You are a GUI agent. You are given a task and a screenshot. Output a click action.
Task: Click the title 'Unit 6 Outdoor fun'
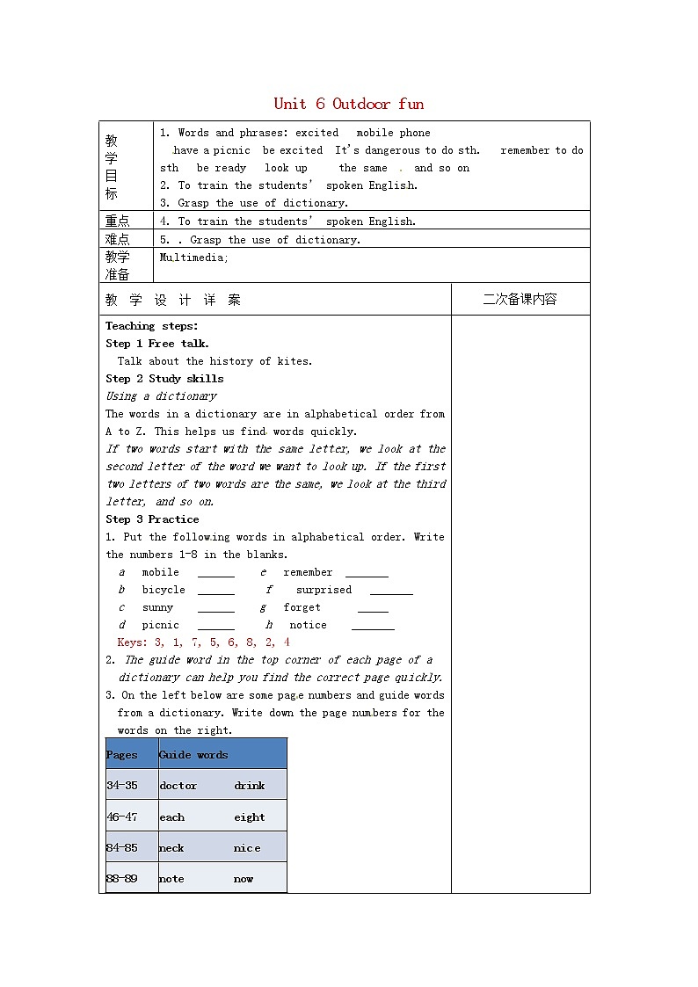[348, 104]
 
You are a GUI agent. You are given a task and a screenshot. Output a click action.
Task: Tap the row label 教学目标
[112, 167]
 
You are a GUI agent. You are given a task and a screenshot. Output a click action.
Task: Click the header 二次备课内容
[520, 299]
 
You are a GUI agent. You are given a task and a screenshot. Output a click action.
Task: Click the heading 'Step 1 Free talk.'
[157, 344]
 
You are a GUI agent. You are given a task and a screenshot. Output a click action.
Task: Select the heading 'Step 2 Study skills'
[164, 379]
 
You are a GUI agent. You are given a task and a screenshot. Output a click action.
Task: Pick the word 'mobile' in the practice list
[160, 572]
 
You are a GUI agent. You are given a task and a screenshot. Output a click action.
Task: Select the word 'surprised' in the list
[324, 590]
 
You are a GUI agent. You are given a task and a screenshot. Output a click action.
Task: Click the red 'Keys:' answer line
[203, 642]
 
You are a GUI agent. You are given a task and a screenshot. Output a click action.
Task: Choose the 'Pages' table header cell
[122, 754]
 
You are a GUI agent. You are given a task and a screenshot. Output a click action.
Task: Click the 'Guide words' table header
[193, 754]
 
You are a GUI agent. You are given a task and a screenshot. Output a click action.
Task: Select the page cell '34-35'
[122, 786]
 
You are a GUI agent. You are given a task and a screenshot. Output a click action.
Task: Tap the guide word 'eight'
[250, 817]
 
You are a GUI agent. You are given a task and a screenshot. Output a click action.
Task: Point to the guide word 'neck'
[171, 848]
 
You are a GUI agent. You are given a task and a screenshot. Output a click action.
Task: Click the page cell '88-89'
[122, 879]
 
